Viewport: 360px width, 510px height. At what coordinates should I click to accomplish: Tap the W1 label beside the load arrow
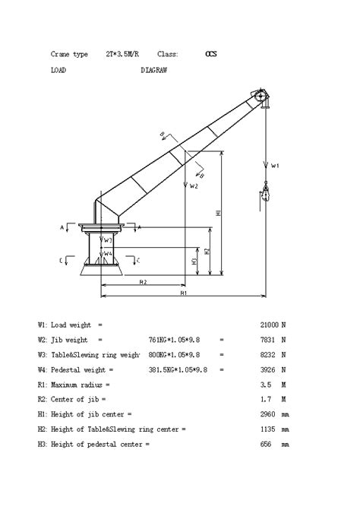[x=276, y=165]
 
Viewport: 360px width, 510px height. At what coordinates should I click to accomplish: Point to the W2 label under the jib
[x=194, y=185]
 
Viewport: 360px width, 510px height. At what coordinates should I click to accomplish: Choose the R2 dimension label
[x=143, y=282]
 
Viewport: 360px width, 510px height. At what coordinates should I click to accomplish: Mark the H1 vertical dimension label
[x=219, y=214]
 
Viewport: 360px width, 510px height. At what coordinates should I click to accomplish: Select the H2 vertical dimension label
[x=207, y=251]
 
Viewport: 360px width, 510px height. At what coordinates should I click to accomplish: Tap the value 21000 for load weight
[x=268, y=325]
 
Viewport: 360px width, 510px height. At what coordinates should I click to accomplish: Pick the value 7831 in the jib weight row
[x=270, y=340]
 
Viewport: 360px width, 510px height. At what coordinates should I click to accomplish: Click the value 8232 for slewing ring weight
[x=270, y=354]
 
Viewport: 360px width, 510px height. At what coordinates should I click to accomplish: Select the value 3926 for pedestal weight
[x=270, y=369]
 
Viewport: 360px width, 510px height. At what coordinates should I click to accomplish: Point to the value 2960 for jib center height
[x=270, y=414]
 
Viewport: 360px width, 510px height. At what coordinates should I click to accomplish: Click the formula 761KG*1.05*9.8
[x=174, y=340]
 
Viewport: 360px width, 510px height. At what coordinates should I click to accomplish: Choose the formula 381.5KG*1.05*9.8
[x=174, y=369]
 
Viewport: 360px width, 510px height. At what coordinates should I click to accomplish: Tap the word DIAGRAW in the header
[x=153, y=70]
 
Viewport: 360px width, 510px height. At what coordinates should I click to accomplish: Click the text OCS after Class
[x=210, y=55]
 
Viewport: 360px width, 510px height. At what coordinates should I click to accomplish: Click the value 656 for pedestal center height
[x=267, y=444]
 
